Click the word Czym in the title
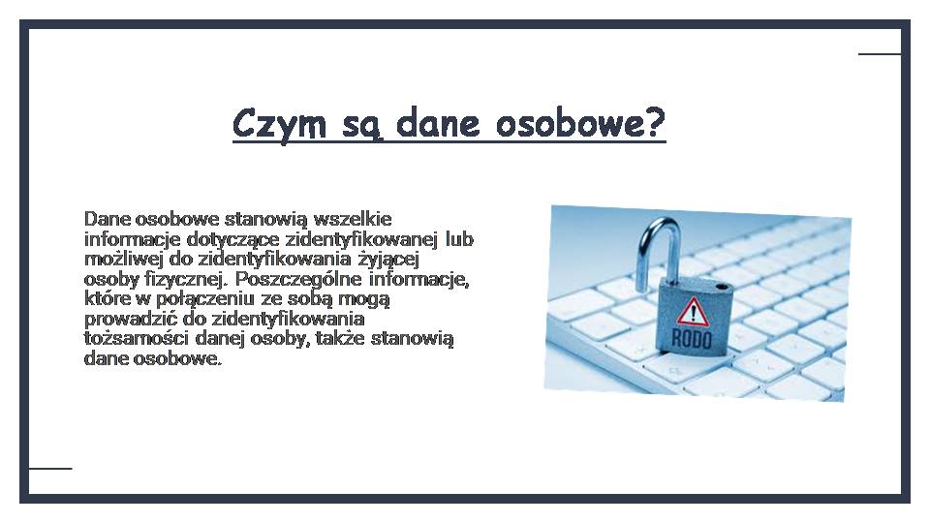coord(279,124)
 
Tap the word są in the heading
coord(361,126)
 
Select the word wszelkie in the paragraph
coord(353,219)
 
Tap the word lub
coord(459,238)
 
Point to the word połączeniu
coord(204,299)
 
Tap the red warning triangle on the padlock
coord(693,311)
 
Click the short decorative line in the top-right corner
coord(880,54)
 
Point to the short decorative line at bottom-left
coord(50,469)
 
